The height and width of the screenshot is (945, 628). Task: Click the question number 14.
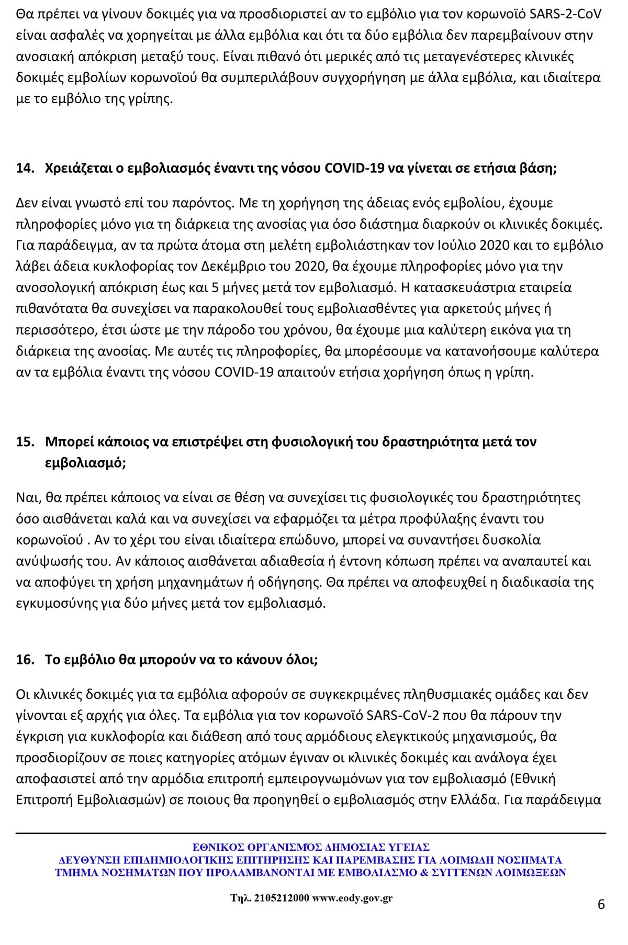tap(25, 169)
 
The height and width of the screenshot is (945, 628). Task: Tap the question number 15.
tap(25, 442)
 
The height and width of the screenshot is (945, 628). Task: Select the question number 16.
tap(25, 660)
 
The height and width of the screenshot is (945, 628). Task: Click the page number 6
tap(601, 905)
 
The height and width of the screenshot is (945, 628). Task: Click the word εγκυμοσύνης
tap(50, 604)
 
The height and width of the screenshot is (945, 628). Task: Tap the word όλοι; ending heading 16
tap(301, 660)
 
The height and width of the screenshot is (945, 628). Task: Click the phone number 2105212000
tap(282, 898)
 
